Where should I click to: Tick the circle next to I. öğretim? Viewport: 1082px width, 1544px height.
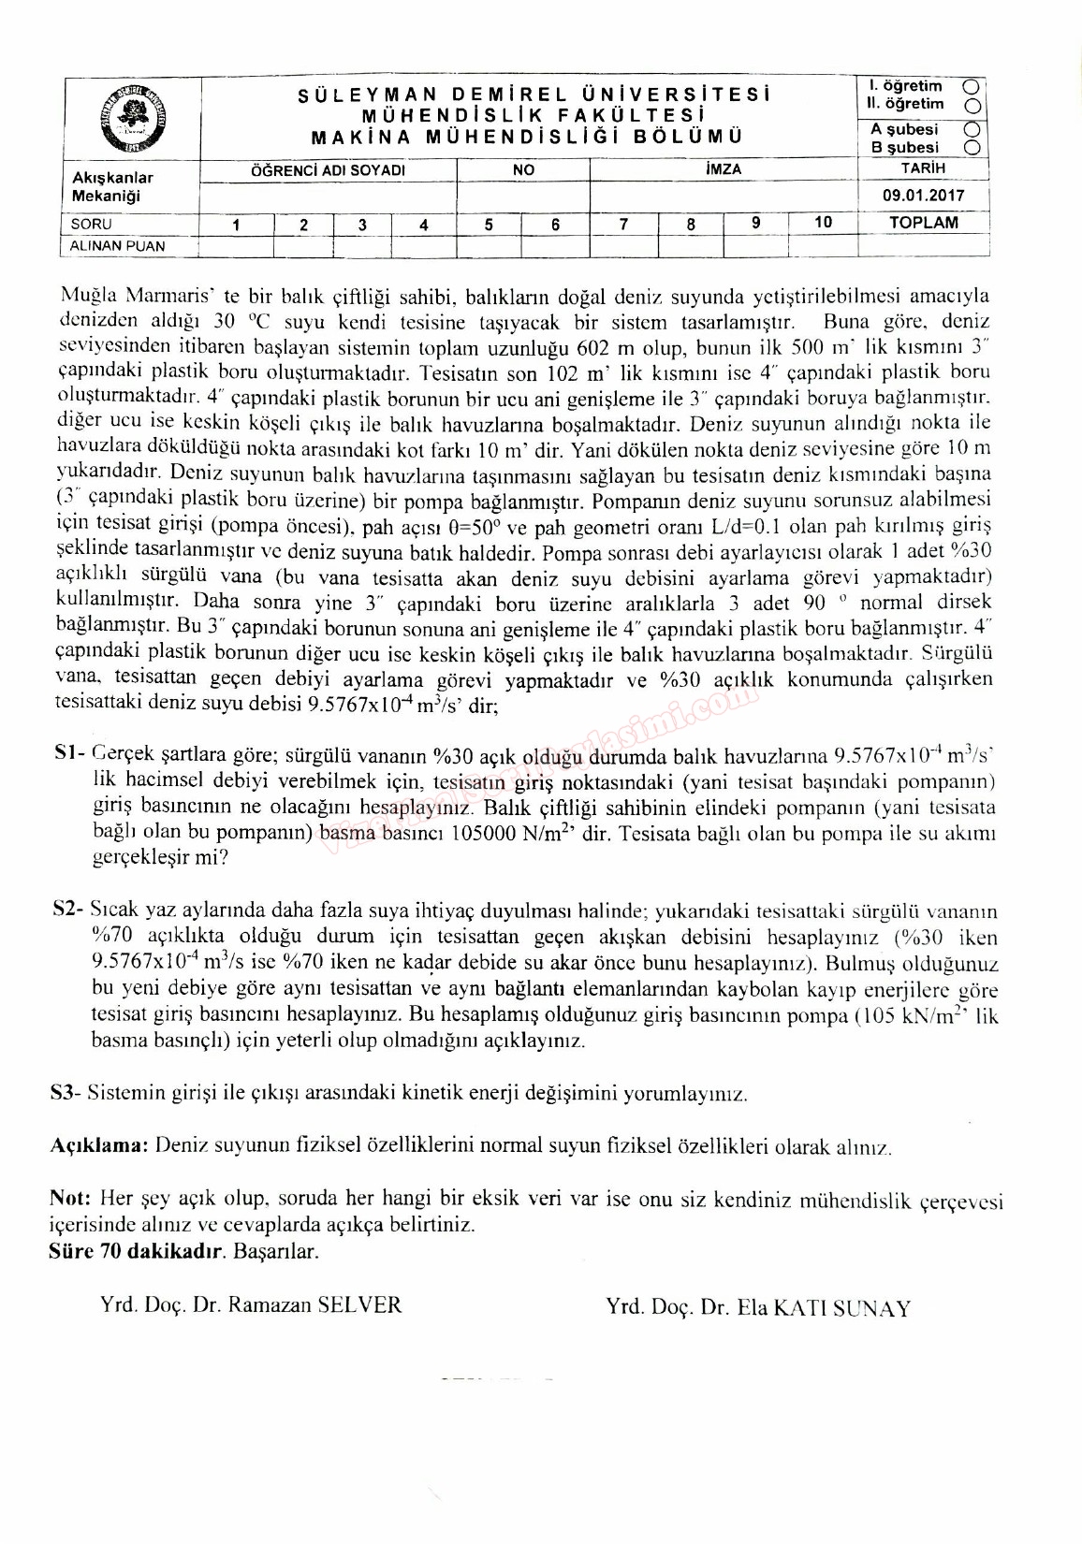(x=975, y=86)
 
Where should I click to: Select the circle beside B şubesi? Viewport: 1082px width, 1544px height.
(x=975, y=148)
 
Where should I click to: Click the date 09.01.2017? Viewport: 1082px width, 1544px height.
(x=922, y=197)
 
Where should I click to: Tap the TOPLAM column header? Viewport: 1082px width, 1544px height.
(x=923, y=223)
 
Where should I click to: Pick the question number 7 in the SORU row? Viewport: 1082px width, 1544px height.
(x=623, y=224)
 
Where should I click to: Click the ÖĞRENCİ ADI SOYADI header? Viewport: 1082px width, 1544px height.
(x=328, y=170)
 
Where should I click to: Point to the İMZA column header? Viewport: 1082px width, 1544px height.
(x=724, y=169)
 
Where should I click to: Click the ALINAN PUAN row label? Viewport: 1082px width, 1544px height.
(x=118, y=246)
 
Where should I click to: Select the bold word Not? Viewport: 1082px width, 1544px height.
(x=69, y=1199)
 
